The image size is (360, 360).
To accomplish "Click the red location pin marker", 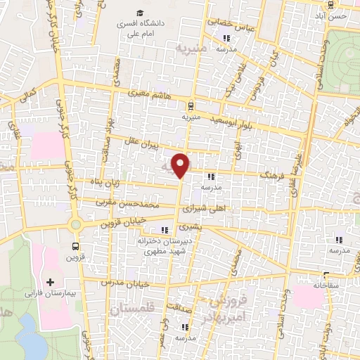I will coord(181,165).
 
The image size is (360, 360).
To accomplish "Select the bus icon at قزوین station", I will coord(75,246).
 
